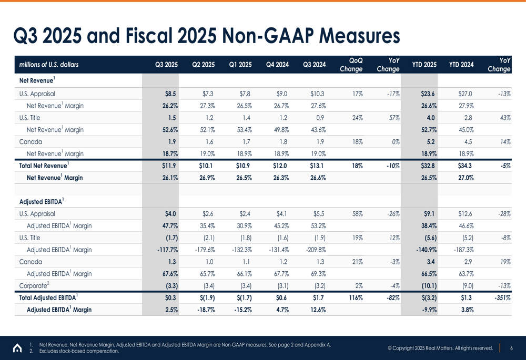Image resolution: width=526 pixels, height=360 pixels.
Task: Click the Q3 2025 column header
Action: pos(166,65)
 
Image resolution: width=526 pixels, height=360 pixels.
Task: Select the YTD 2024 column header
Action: pos(461,65)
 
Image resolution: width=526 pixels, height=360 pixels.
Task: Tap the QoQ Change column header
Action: pos(351,65)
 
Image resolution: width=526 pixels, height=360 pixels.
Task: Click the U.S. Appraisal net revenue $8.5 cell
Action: pos(170,94)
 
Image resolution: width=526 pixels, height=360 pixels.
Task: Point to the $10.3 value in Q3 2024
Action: pos(318,94)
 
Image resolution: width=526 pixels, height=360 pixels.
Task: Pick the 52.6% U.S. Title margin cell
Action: pos(168,130)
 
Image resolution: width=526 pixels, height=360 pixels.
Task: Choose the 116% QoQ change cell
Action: pos(357,298)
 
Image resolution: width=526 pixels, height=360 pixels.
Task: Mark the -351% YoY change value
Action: pos(502,298)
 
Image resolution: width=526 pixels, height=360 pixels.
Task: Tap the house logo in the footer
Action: pos(17,348)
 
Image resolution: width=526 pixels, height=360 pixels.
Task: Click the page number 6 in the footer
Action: pos(511,348)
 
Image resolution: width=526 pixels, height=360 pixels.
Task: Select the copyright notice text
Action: pos(440,348)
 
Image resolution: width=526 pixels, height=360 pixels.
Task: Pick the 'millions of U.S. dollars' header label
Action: pos(49,65)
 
